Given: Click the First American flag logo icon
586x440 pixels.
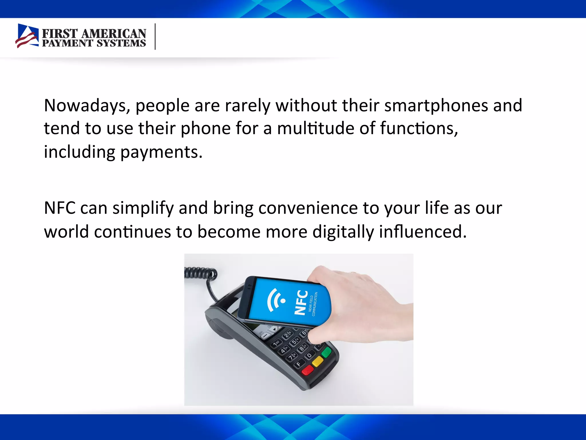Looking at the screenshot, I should point(27,36).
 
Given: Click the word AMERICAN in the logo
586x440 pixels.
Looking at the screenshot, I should point(114,34).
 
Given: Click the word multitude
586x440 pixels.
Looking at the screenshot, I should point(315,128).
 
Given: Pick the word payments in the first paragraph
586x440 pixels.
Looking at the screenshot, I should point(161,152).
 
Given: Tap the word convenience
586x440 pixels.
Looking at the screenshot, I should point(308,208).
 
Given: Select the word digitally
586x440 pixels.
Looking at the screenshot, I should point(343,232).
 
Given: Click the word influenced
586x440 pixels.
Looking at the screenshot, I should point(423,232).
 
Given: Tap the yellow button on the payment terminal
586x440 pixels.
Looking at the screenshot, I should point(318,362).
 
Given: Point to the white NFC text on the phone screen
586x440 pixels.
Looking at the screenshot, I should point(301,302).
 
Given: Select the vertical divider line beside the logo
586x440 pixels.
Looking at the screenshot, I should point(155,37).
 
